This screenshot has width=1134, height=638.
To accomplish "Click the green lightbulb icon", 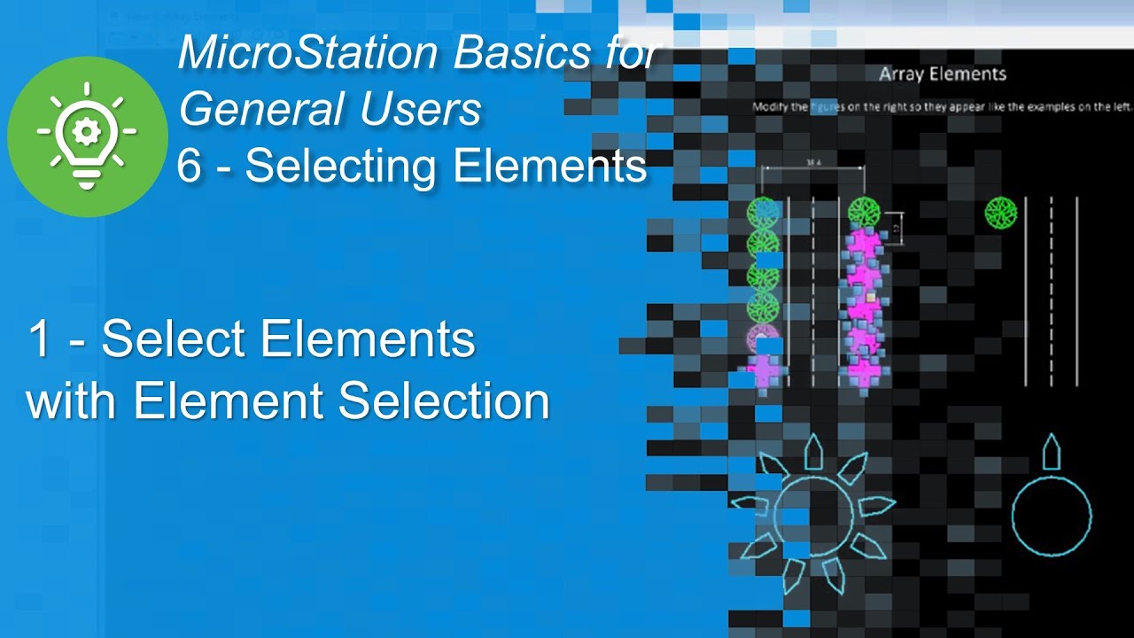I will pyautogui.click(x=87, y=136).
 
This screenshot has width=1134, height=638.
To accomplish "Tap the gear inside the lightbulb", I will pyautogui.click(x=87, y=131).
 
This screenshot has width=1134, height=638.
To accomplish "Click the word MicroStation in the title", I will pyautogui.click(x=307, y=53).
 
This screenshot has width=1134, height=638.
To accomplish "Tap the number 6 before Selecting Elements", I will pyautogui.click(x=189, y=166).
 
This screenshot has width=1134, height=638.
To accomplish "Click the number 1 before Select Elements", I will pyautogui.click(x=38, y=338).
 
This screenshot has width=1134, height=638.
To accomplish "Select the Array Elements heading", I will pyautogui.click(x=942, y=74).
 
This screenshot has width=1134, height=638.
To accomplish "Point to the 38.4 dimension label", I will pyautogui.click(x=812, y=162).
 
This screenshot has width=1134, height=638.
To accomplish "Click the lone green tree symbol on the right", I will pyautogui.click(x=1001, y=212).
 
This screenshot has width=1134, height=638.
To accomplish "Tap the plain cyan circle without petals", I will pyautogui.click(x=1052, y=517).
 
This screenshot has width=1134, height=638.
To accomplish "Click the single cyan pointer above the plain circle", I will pyautogui.click(x=1052, y=453).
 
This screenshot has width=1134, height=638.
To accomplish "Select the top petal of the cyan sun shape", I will pyautogui.click(x=812, y=453).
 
